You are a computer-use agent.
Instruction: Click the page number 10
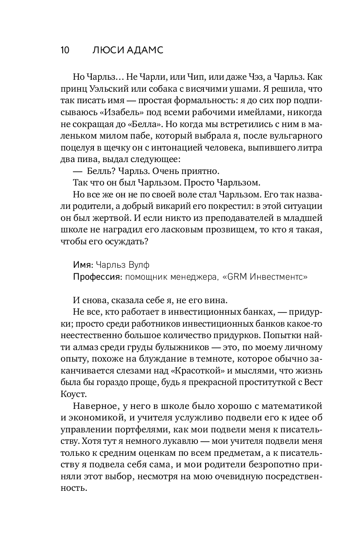(65, 50)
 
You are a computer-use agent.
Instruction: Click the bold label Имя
(83, 265)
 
